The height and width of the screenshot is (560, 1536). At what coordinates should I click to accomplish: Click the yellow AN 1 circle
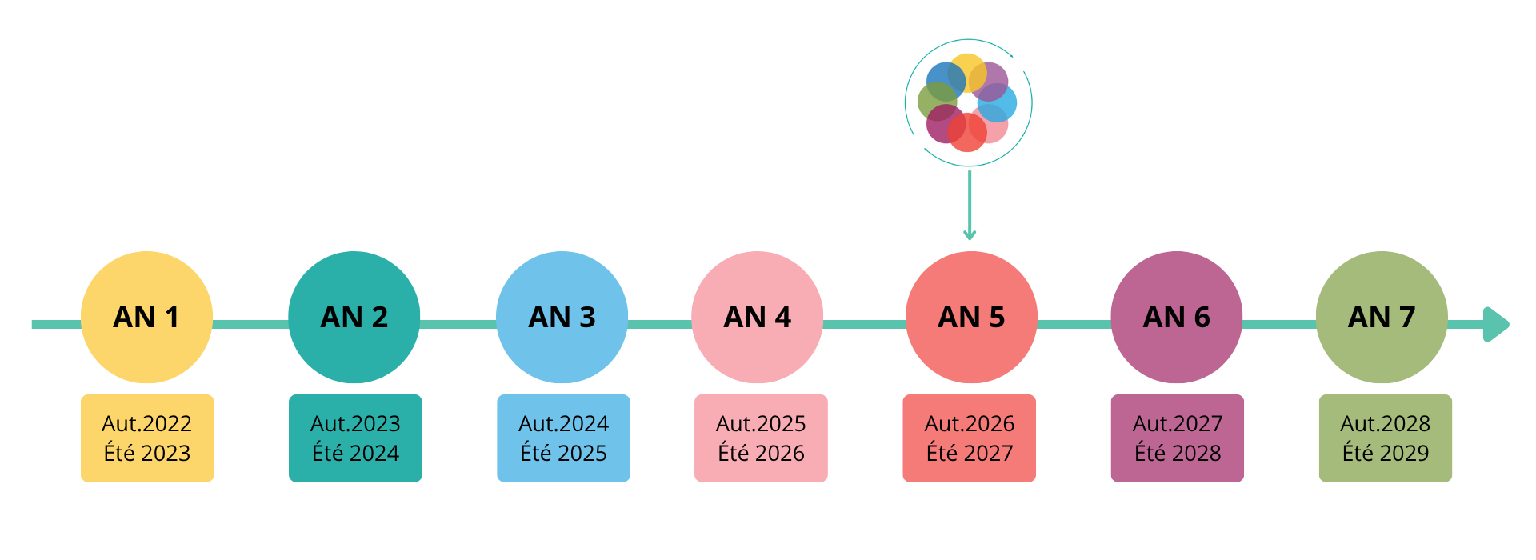pos(146,317)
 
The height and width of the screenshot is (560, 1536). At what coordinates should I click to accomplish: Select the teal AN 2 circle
pos(354,317)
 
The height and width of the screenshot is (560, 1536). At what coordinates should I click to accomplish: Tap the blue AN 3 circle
pos(562,317)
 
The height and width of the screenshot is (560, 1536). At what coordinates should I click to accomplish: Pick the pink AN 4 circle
pos(758,317)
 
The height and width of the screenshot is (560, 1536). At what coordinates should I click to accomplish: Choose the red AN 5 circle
pos(971,317)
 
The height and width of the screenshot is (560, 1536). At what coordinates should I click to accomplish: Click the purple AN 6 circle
pos(1177,317)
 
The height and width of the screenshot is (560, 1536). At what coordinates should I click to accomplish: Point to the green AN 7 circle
pos(1382,317)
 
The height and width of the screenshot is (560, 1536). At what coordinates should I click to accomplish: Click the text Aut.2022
pos(147,423)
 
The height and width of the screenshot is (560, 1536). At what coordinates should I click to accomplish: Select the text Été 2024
pos(355,453)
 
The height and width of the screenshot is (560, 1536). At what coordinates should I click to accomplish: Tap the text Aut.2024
pos(564,423)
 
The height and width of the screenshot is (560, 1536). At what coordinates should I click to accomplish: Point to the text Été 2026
pos(761,453)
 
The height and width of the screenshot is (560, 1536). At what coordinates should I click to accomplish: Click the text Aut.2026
pos(970,423)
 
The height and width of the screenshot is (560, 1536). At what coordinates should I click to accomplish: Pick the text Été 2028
pos(1178,453)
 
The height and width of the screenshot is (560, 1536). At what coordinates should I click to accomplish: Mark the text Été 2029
pos(1386,453)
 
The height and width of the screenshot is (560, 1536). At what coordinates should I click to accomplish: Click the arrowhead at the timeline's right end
pos(1496,325)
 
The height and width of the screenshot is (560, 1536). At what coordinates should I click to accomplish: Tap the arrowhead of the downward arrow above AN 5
pos(970,234)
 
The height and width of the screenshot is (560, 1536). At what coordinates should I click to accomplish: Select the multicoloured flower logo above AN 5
pos(968,102)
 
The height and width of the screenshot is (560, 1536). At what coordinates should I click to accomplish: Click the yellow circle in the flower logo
pos(967,73)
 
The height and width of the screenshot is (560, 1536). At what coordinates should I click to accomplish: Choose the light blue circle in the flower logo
pos(997,102)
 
